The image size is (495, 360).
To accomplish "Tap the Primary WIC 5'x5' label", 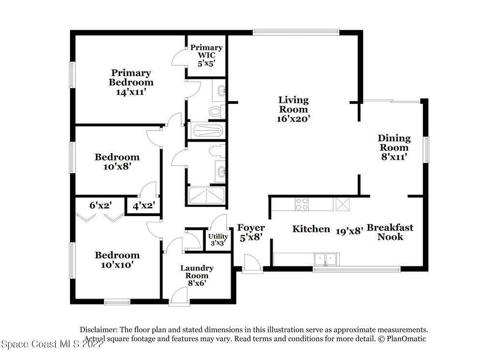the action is coord(206,55).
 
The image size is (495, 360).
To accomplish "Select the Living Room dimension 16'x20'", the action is coord(293,119).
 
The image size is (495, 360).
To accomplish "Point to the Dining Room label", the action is coord(394,143).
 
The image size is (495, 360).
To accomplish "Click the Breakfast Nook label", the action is coord(390,232).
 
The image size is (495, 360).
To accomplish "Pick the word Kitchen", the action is coord(311,229).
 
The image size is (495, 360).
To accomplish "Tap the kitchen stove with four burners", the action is coord(302,204).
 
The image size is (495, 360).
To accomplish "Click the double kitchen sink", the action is coord(326,259).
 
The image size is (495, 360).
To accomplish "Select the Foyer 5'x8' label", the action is coord(251,232).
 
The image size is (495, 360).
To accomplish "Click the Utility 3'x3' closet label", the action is coord(218,240).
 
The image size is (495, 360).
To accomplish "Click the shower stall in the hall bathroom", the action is coord(206,196).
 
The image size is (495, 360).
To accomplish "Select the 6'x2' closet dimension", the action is coord(101,205).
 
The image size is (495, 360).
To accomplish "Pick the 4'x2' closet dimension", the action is coord(144,206).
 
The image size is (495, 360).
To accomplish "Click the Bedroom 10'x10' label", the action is coord(117,259).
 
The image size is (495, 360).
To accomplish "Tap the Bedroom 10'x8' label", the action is coord(117,161).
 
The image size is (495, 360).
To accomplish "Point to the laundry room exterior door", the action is coord(179,297).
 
